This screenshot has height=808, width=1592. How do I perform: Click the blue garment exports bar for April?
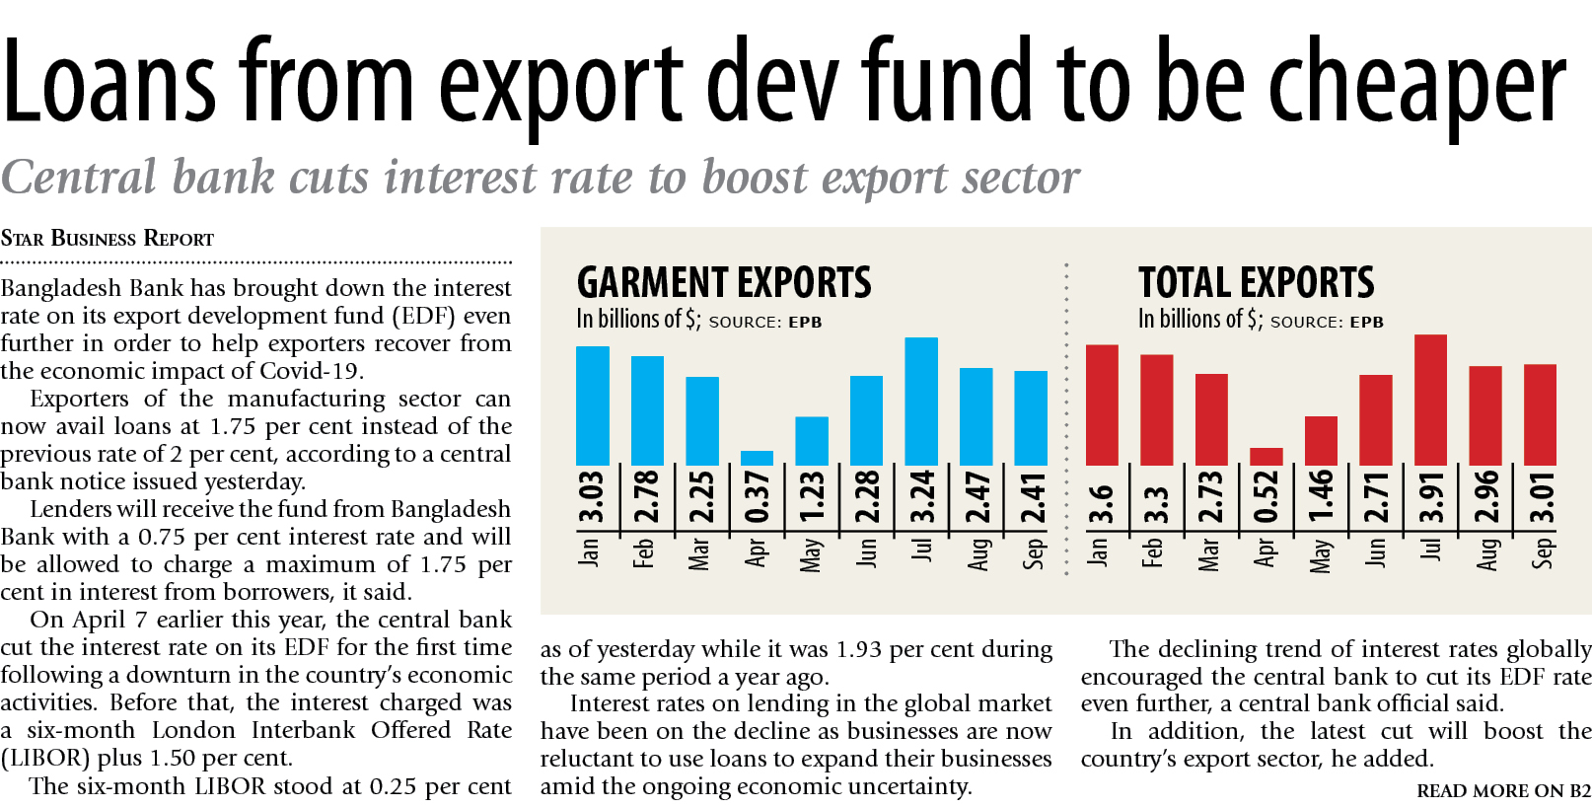pyautogui.click(x=757, y=458)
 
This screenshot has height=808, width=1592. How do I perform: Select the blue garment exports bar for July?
pyautogui.click(x=921, y=401)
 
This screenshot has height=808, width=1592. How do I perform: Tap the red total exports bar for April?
pyautogui.click(x=1266, y=457)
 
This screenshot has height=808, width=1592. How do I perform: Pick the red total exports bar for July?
pyautogui.click(x=1430, y=400)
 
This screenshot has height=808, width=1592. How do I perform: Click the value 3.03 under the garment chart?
pyautogui.click(x=591, y=497)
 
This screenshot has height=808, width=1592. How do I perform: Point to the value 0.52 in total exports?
pyautogui.click(x=1266, y=497)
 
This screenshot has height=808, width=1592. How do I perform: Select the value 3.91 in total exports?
pyautogui.click(x=1431, y=497)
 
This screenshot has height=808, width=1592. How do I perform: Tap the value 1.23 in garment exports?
pyautogui.click(x=812, y=497)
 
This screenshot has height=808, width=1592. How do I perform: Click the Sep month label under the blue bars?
pyautogui.click(x=1033, y=552)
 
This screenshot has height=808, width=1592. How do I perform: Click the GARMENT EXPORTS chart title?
pyautogui.click(x=724, y=283)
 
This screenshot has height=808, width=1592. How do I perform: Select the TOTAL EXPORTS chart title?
pyautogui.click(x=1256, y=283)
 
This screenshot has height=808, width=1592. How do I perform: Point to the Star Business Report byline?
pyautogui.click(x=108, y=239)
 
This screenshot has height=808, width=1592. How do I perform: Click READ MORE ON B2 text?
pyautogui.click(x=1503, y=791)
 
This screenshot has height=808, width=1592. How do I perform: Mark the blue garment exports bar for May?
pyautogui.click(x=812, y=441)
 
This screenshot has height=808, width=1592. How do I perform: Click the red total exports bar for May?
pyautogui.click(x=1321, y=440)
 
